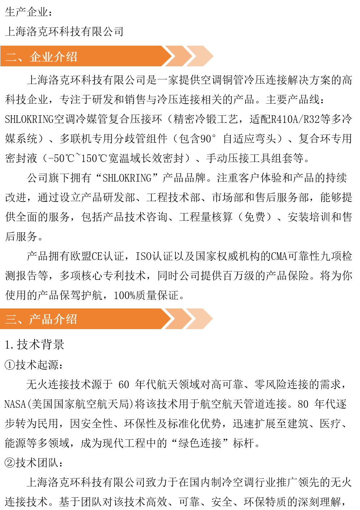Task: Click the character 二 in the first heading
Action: (11, 57)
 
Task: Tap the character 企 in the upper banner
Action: (35, 57)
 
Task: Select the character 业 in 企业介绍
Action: (47, 57)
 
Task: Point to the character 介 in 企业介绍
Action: (59, 57)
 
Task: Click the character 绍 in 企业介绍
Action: (71, 57)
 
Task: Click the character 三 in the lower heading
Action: (11, 319)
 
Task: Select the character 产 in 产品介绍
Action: (35, 319)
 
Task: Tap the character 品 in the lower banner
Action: (47, 319)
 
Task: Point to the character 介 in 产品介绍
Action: (59, 319)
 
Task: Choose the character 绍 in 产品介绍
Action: (71, 319)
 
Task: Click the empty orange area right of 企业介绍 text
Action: (120, 56)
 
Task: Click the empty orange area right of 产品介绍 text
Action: (120, 319)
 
